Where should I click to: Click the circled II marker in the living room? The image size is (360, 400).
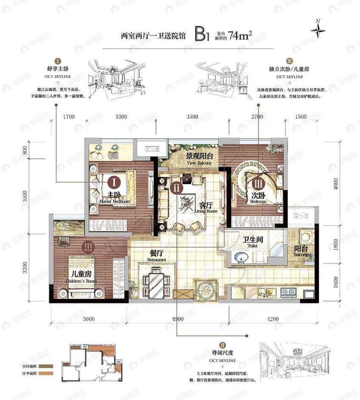click(176, 187)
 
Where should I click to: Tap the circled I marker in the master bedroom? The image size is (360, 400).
click(113, 183)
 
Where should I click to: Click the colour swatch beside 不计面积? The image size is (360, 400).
click(45, 366)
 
